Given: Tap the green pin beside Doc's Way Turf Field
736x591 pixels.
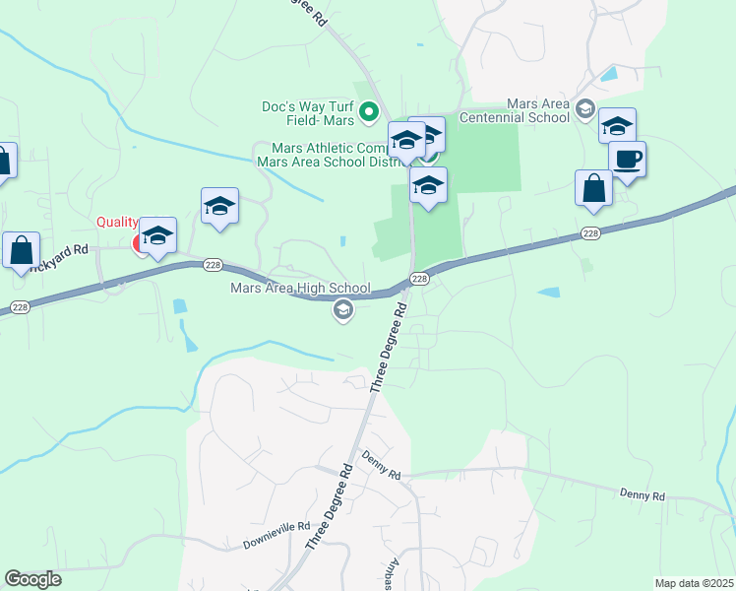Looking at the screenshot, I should click(x=369, y=113).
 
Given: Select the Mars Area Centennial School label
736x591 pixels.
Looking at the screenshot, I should click(x=538, y=110).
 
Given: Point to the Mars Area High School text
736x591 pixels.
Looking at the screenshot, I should click(x=300, y=289).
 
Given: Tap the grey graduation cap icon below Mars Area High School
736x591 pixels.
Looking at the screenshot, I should click(x=343, y=312).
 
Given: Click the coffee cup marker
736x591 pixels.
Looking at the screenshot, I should click(x=627, y=159).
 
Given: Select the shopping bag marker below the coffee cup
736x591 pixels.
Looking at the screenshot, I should click(x=594, y=189).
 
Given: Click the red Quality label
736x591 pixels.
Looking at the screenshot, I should click(x=116, y=224).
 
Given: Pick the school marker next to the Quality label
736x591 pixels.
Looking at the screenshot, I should click(x=157, y=235).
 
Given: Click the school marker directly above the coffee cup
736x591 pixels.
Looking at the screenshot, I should click(x=617, y=126).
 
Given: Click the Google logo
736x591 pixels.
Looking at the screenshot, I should click(x=32, y=579).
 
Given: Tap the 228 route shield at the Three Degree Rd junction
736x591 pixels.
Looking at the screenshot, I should click(x=419, y=280).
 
